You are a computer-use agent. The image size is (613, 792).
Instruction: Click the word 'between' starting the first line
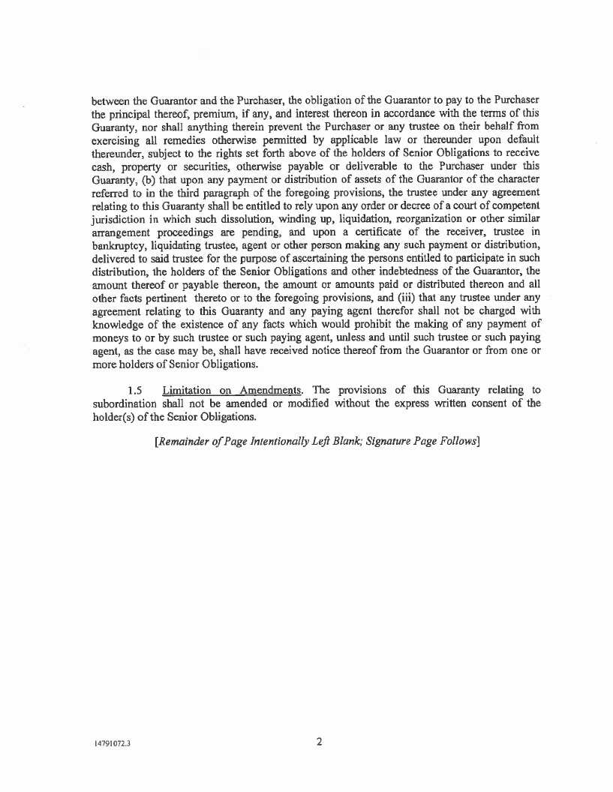click(111, 100)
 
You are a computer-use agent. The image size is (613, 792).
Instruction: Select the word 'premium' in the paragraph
click(197, 114)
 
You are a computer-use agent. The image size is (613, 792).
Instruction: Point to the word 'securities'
click(194, 167)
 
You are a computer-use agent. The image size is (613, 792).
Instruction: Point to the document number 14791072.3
click(112, 745)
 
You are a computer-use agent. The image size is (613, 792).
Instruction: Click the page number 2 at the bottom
click(319, 742)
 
